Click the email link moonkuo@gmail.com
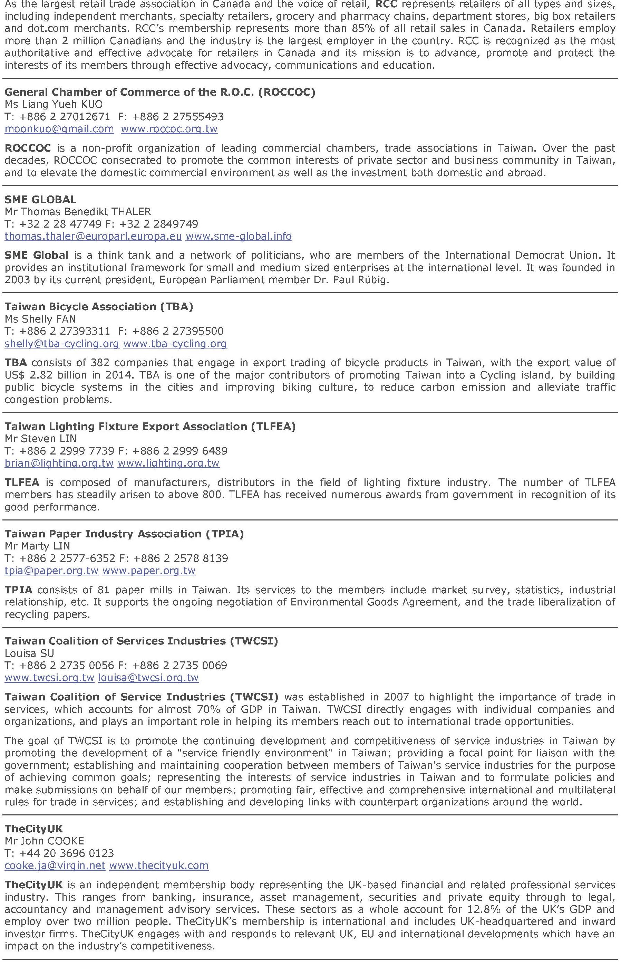point(59,129)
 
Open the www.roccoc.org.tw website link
point(169,129)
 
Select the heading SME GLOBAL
point(40,199)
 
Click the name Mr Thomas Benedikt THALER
point(78,211)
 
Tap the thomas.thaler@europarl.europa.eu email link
point(93,236)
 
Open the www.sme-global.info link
point(239,236)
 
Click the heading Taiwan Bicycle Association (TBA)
point(99,307)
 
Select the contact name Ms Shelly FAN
point(40,319)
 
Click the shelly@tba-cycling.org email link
point(62,344)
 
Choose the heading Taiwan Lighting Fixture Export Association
point(150,426)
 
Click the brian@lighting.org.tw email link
point(59,463)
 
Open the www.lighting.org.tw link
point(168,463)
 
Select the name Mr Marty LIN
point(38,546)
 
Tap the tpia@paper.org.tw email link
point(52,571)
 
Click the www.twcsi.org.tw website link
point(50,678)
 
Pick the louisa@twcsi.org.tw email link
point(148,678)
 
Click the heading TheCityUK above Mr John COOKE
point(34,829)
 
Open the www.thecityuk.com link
point(159,865)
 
